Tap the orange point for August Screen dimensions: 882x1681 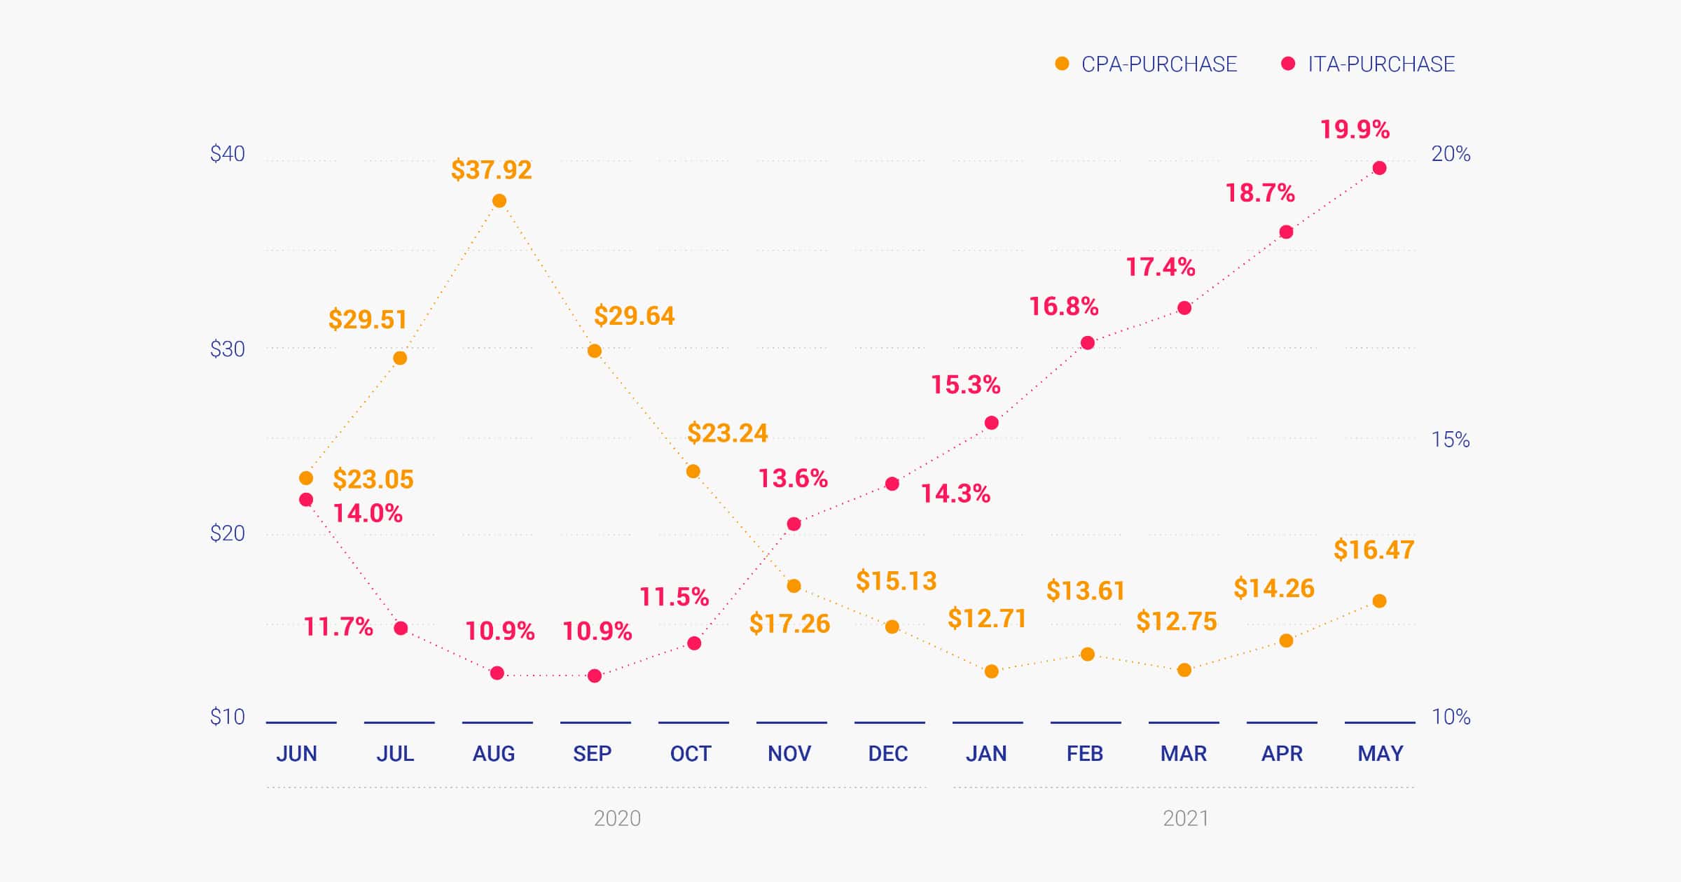click(x=499, y=202)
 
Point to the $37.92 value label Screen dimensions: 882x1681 click(x=491, y=170)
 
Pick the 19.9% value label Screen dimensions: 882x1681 click(x=1355, y=129)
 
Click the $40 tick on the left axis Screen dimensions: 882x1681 click(x=228, y=154)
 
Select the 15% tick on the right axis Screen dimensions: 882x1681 click(x=1451, y=440)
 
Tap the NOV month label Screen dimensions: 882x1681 click(x=789, y=754)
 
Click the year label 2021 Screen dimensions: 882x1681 click(x=1186, y=818)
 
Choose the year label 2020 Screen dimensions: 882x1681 click(x=617, y=818)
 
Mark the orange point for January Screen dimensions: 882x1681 click(x=992, y=672)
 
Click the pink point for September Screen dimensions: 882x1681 click(x=595, y=676)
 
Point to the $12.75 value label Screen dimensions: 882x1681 click(x=1177, y=622)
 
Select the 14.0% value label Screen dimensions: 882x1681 click(x=368, y=514)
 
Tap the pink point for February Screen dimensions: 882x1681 click(x=1088, y=343)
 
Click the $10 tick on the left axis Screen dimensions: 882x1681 click(x=228, y=717)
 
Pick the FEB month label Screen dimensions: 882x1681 click(x=1085, y=754)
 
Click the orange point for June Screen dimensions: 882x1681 click(x=306, y=479)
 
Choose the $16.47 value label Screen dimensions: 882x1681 click(x=1374, y=550)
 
